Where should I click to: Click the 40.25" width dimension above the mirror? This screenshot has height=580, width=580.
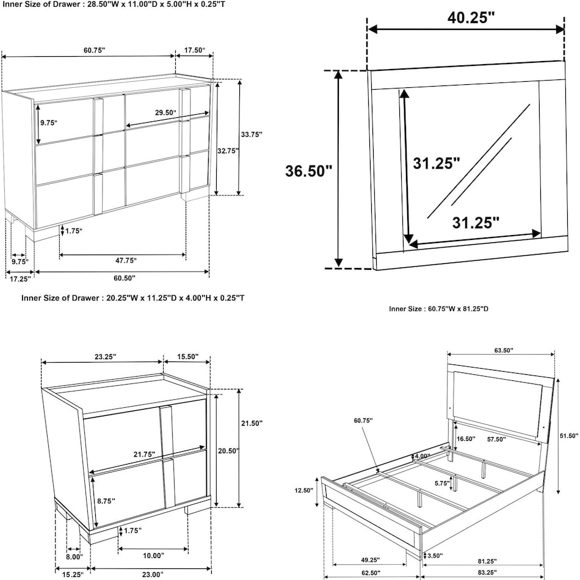click(x=471, y=18)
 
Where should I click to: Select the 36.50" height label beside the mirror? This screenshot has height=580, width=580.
click(x=308, y=170)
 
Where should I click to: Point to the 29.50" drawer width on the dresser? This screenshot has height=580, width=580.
click(x=165, y=112)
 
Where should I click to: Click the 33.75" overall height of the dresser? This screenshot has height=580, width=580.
click(x=252, y=134)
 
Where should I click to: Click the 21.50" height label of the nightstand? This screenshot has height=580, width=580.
click(x=252, y=422)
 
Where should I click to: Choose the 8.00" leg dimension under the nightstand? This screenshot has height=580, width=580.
click(x=74, y=556)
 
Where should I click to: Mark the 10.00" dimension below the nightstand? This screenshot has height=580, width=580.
click(x=153, y=556)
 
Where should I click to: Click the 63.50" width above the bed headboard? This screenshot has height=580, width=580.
click(x=501, y=350)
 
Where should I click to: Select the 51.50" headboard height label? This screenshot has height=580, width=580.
click(x=567, y=435)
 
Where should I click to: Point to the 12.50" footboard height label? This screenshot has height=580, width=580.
click(x=303, y=490)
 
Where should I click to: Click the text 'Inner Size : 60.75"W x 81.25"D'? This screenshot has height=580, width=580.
click(x=438, y=309)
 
